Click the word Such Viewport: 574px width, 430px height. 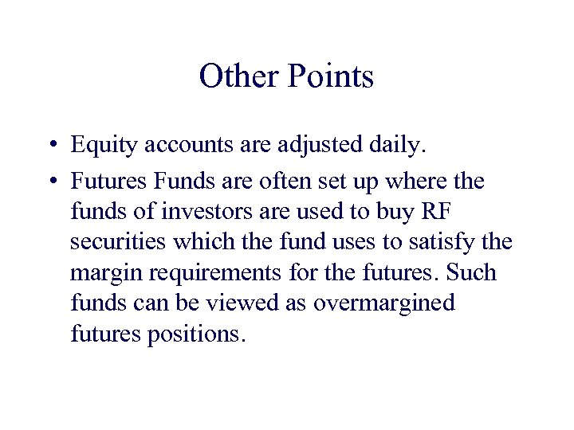click(x=472, y=273)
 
